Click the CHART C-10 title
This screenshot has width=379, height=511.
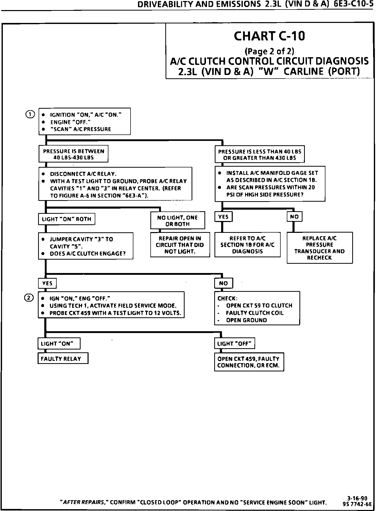[269, 36]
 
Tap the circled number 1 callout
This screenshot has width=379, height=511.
[30, 114]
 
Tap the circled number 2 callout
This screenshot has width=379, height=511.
[29, 298]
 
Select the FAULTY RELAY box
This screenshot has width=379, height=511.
[63, 359]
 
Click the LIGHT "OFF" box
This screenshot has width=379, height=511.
[235, 343]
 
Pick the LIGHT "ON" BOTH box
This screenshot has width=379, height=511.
[66, 219]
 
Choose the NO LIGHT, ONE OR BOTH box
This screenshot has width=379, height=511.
[178, 220]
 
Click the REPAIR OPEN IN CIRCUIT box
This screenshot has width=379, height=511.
[180, 245]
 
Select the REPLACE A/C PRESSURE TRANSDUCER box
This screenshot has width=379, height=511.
[320, 248]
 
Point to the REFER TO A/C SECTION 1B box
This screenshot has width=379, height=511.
[247, 245]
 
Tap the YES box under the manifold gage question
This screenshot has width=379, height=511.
[223, 217]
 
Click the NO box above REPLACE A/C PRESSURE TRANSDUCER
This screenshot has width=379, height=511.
[294, 217]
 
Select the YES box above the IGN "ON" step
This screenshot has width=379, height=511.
[47, 283]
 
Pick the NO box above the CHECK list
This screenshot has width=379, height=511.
[223, 283]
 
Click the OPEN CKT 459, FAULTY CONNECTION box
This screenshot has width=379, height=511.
[249, 362]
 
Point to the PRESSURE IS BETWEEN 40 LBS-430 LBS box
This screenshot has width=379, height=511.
[73, 154]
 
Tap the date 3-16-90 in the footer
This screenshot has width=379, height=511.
[357, 498]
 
